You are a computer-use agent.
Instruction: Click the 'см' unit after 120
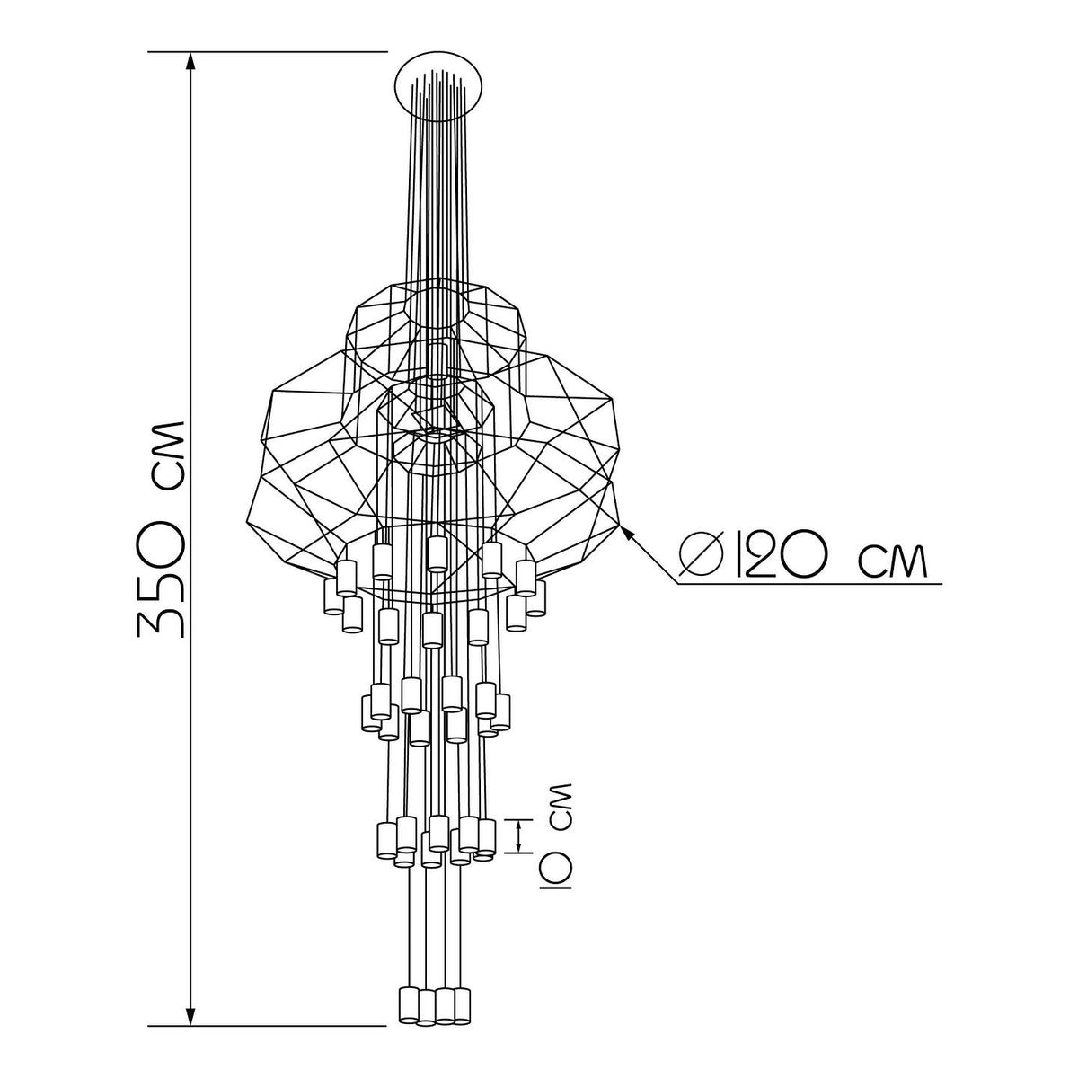point(893,560)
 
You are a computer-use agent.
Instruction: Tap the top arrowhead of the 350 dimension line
point(190,61)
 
